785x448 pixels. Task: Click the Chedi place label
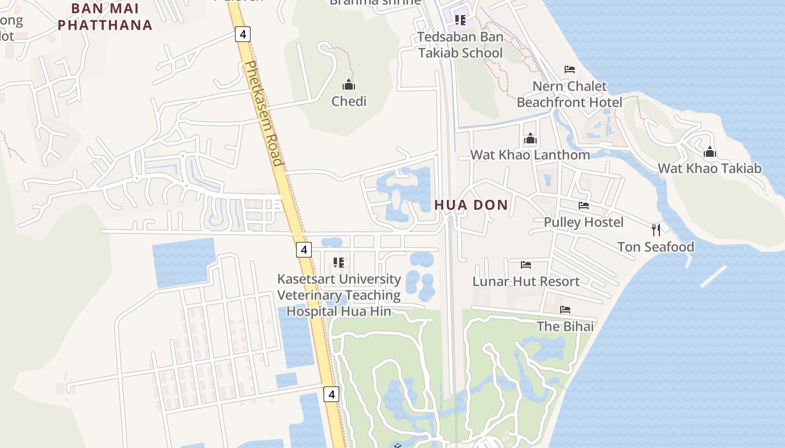[x=349, y=101]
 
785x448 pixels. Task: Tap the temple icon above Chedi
[x=349, y=85]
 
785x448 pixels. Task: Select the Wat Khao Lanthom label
[x=530, y=155]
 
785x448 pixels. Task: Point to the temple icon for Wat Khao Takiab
[x=710, y=152]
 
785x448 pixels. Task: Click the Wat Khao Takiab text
[x=709, y=168]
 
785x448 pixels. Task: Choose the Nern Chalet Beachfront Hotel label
[x=569, y=94]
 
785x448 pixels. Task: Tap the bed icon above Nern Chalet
[x=570, y=69]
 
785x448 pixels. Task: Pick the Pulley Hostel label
[x=583, y=222]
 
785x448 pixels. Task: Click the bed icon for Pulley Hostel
[x=584, y=206]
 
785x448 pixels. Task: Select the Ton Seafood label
[x=655, y=247]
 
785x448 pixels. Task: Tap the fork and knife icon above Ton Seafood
[x=656, y=230]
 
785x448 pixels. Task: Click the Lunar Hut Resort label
[x=526, y=281]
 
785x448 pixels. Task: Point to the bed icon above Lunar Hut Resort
[x=526, y=264]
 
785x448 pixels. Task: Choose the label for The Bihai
[x=565, y=326]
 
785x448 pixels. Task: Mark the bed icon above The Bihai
[x=565, y=309]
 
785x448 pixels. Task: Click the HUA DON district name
[x=471, y=205]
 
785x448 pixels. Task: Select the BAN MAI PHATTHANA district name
[x=105, y=17]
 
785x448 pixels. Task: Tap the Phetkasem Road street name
[x=263, y=113]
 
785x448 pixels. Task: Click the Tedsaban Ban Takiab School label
[x=460, y=45]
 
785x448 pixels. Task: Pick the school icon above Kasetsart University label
[x=339, y=262]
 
